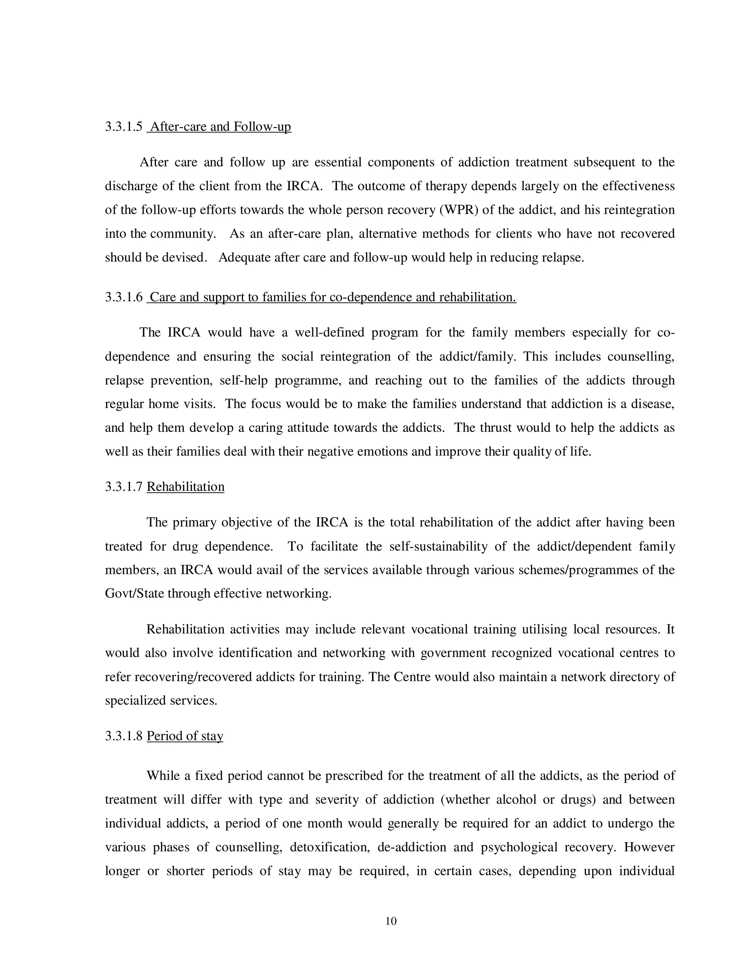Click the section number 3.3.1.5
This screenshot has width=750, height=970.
pos(123,127)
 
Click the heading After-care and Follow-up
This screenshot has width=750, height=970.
pos(220,127)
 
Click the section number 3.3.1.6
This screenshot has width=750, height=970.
pos(123,297)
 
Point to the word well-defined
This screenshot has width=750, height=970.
pos(329,333)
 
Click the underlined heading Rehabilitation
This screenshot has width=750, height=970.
pos(185,487)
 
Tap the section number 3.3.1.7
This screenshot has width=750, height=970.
pos(123,487)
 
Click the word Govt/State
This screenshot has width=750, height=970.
pos(134,594)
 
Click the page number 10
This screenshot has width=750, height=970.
pos(391,921)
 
